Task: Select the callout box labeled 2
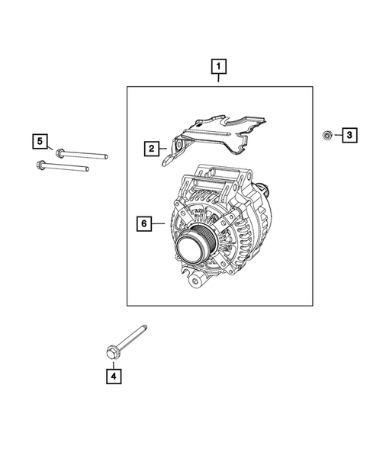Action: click(152, 148)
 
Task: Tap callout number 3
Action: click(348, 136)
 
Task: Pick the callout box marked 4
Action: click(113, 375)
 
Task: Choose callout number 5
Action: click(39, 140)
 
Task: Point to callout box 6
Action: click(142, 224)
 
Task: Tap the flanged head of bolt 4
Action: click(112, 351)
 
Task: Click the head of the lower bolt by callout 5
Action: click(40, 164)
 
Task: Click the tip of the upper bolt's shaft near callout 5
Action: click(105, 156)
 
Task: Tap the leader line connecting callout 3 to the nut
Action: click(334, 136)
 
